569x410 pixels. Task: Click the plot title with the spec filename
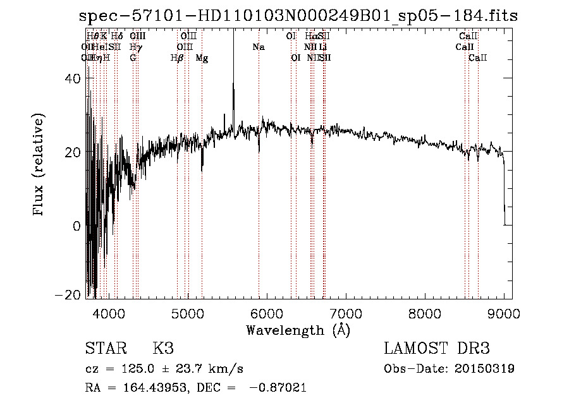(298, 16)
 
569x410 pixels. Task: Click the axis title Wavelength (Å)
(298, 330)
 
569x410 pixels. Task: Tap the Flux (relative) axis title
(40, 165)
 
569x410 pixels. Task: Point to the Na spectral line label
(258, 47)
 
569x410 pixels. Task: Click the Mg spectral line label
(202, 57)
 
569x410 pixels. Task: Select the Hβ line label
(177, 57)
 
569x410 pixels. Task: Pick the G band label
(133, 57)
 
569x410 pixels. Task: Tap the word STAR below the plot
(105, 349)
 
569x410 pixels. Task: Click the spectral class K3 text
(163, 349)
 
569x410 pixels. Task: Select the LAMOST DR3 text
(436, 349)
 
